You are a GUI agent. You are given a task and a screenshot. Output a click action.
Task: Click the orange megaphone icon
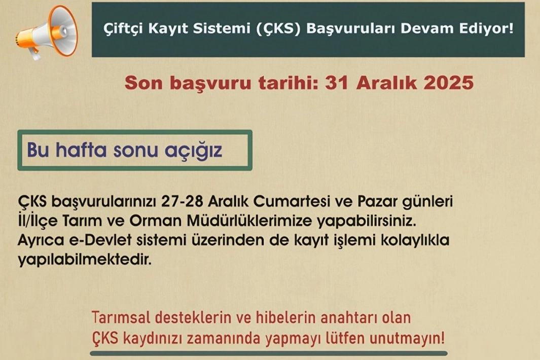coord(47,32)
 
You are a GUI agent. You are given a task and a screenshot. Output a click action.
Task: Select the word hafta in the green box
coord(81,150)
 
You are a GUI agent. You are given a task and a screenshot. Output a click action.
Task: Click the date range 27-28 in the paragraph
coord(182,201)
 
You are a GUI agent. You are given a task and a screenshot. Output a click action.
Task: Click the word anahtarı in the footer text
coord(348,317)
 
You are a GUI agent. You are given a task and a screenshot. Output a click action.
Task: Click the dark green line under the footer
coord(269,353)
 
